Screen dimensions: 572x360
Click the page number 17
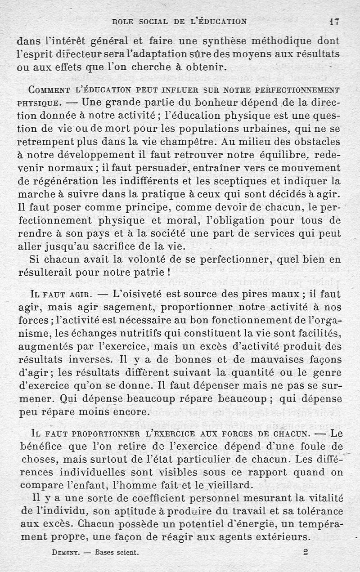pos(333,21)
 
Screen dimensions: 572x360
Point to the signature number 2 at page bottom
pos(306,551)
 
